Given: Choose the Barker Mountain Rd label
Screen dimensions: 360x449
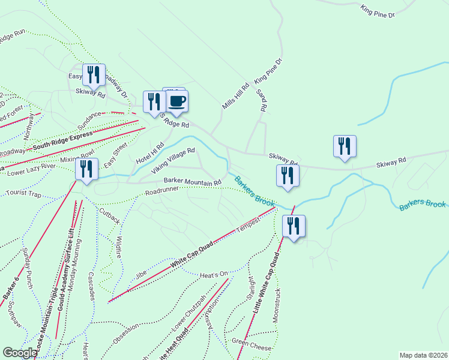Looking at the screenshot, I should (x=193, y=181).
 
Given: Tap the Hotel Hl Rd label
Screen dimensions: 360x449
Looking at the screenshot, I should (x=150, y=154).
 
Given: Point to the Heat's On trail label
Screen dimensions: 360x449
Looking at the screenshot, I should (x=214, y=274).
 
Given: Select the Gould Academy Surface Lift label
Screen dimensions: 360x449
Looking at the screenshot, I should (x=67, y=262).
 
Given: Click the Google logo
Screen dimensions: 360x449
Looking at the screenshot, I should (x=20, y=353).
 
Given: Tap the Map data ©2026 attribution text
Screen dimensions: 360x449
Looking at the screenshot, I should (x=423, y=355).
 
